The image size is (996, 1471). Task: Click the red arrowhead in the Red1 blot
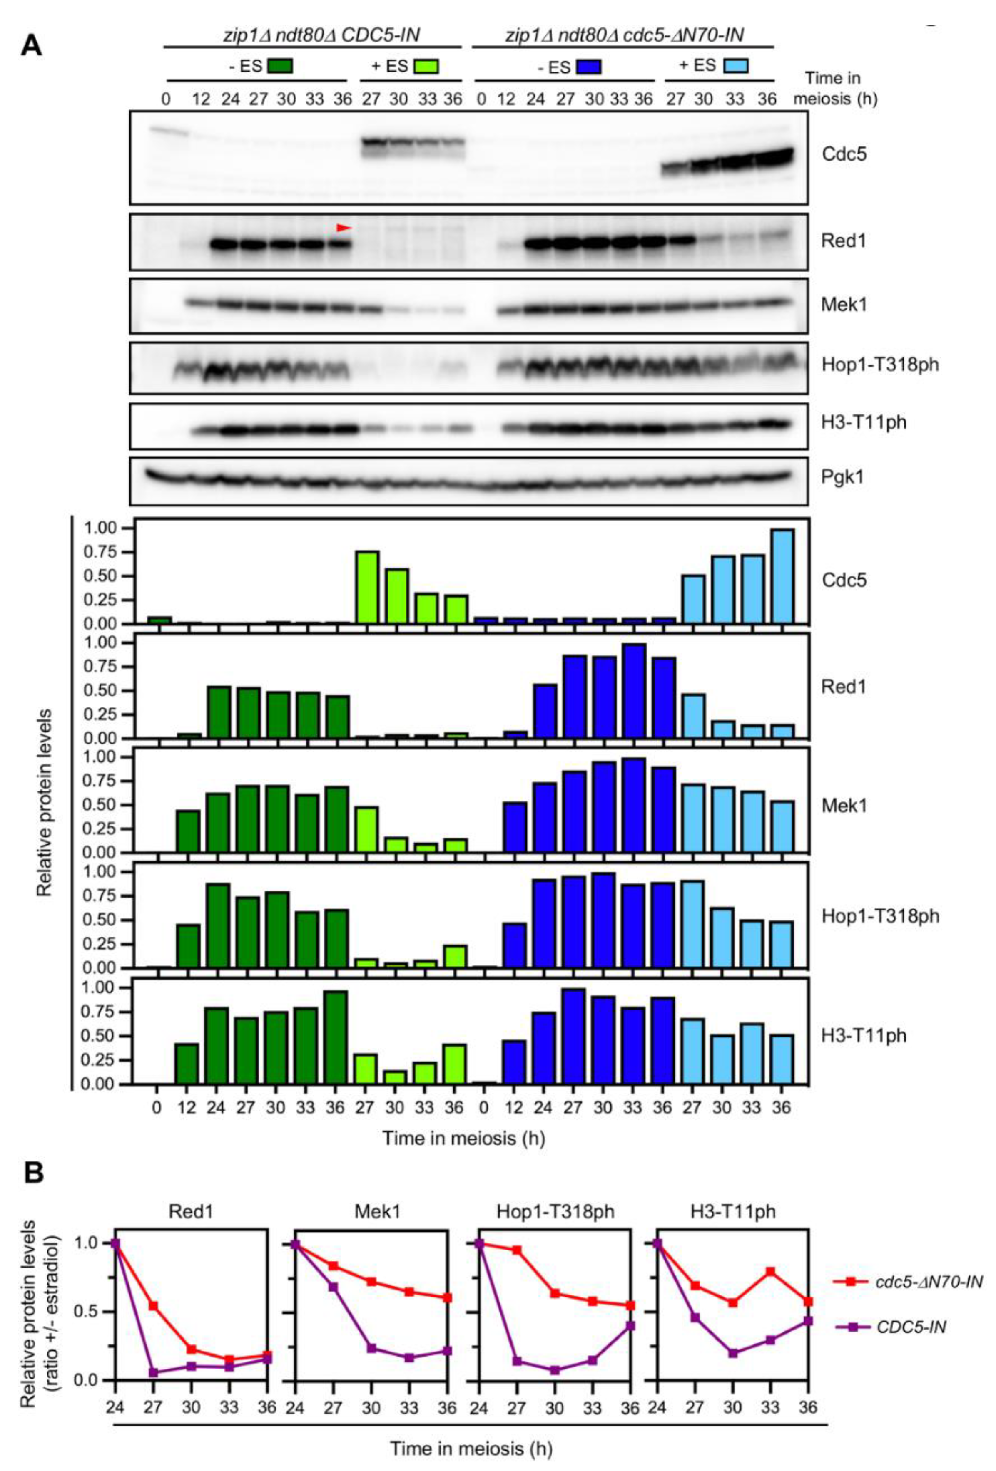pyautogui.click(x=343, y=227)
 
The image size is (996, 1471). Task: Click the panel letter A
pyautogui.click(x=31, y=46)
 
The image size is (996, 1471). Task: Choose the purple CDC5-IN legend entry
pyautogui.click(x=911, y=1326)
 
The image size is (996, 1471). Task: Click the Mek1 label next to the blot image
pyautogui.click(x=844, y=305)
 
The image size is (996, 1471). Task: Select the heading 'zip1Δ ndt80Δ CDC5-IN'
pyautogui.click(x=313, y=35)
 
